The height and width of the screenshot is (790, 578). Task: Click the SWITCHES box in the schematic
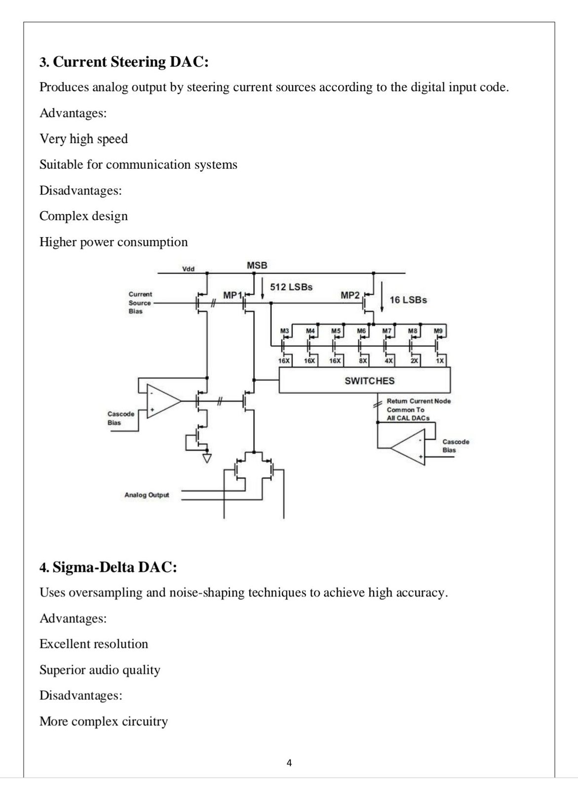click(364, 380)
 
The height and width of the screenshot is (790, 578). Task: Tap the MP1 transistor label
click(232, 295)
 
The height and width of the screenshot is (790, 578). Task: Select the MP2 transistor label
click(350, 295)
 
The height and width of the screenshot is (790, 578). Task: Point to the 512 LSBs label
click(291, 287)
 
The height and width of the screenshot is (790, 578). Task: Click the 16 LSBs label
click(408, 300)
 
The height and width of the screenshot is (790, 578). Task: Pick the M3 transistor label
click(284, 331)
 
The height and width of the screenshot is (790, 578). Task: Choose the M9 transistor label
click(438, 331)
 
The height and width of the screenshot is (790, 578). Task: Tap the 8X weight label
click(363, 361)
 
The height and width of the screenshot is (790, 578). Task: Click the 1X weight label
click(439, 361)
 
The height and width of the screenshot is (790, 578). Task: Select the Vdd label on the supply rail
click(188, 269)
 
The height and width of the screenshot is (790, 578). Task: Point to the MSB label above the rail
click(257, 265)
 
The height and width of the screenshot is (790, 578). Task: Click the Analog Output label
click(147, 495)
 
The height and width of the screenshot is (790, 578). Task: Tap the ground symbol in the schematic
click(207, 458)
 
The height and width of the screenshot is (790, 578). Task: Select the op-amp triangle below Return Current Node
click(407, 447)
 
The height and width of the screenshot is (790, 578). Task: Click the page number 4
click(289, 763)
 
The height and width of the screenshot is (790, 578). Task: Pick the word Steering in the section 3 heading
click(138, 62)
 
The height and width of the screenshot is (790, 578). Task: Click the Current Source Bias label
click(140, 303)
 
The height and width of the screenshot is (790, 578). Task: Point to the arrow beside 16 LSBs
click(382, 297)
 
